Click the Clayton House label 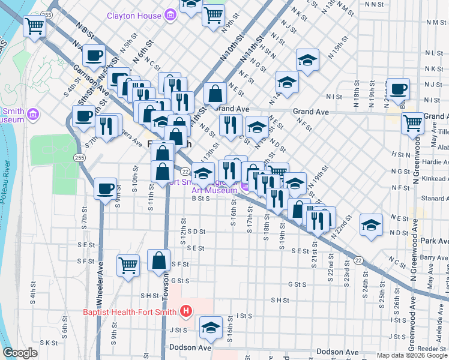tap(134, 16)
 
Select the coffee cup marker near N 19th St tap(398, 89)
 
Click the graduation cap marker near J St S tap(211, 326)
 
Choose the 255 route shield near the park tap(79, 157)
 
